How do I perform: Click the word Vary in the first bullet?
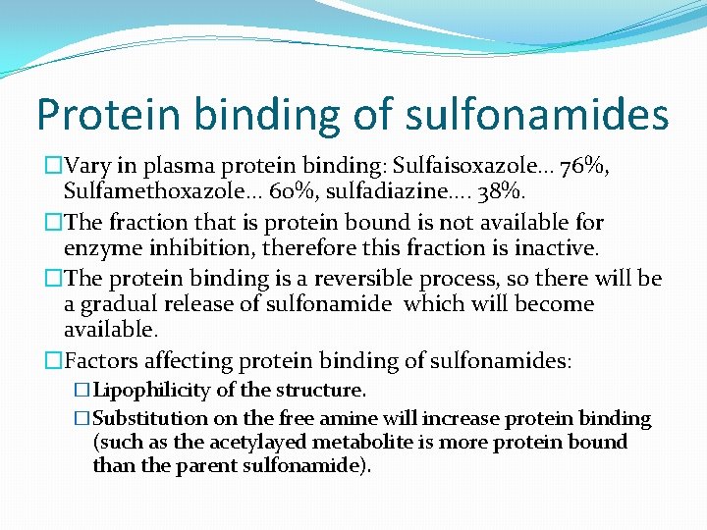pyautogui.click(x=94, y=167)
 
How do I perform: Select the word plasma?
pyautogui.click(x=170, y=167)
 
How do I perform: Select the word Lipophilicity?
pyautogui.click(x=151, y=391)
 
